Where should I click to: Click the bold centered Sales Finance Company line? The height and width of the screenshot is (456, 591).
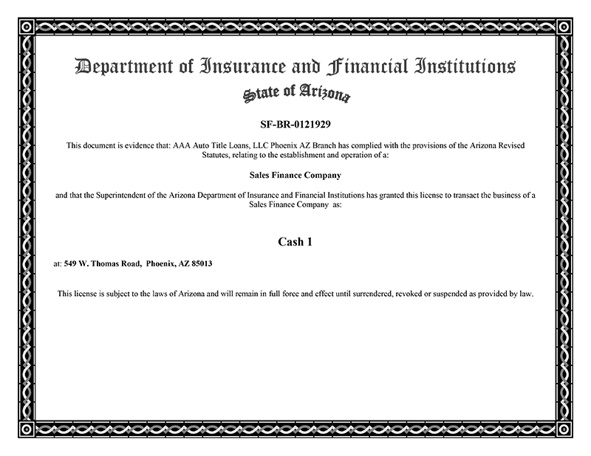(x=295, y=176)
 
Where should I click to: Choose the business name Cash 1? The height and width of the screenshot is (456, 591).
(x=295, y=241)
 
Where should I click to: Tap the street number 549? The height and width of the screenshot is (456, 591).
(x=71, y=263)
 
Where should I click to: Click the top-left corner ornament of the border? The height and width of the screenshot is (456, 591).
(x=25, y=26)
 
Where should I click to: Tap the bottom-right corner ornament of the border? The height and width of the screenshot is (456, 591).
(x=566, y=430)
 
